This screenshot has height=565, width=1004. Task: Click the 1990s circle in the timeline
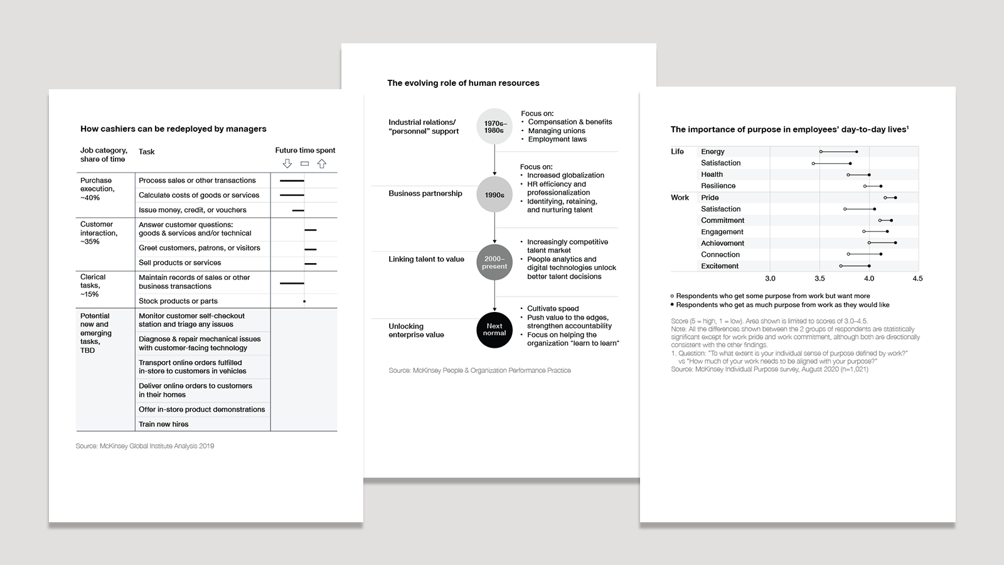494,195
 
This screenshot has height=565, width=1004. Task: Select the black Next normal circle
494,330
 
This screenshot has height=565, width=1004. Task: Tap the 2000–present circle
494,262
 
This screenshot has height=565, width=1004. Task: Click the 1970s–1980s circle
494,127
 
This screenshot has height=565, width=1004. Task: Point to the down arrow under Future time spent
287,164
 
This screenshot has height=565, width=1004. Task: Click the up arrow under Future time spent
322,164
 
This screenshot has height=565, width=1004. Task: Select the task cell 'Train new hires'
164,424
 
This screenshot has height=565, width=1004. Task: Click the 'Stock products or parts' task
178,301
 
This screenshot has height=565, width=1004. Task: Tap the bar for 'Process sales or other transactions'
292,181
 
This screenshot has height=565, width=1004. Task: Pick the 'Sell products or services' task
180,263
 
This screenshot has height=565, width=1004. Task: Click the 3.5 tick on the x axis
820,279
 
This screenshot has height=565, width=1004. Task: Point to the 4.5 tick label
917,279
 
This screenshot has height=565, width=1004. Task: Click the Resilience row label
718,186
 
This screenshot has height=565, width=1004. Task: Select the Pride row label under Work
710,198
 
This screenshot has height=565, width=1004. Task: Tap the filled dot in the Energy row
857,151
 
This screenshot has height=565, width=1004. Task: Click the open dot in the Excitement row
841,266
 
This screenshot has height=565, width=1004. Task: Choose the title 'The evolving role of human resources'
463,83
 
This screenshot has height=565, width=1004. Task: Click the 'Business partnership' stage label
425,193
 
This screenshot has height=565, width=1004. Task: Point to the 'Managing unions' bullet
556,131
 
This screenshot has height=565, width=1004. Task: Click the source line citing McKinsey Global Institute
145,446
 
